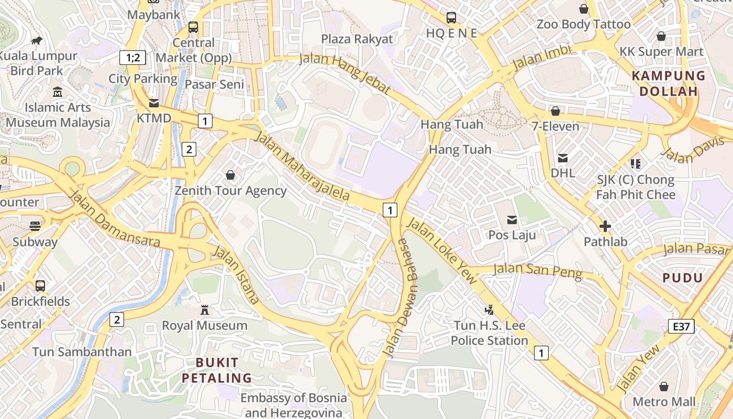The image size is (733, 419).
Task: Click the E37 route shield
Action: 681,326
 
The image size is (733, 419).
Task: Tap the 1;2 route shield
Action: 132,57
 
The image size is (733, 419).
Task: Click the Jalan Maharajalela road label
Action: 302,166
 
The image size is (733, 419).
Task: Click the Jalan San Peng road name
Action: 538,270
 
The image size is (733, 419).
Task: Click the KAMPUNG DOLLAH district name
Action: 669,83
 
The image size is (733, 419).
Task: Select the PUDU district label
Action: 682,278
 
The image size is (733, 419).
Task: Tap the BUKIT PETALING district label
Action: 217,370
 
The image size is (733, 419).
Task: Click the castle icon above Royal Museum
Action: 205,310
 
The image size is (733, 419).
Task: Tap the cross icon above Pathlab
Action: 605,227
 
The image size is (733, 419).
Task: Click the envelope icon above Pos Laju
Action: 512,220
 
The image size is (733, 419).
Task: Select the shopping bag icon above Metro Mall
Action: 664,387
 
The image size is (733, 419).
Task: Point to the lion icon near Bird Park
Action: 36,40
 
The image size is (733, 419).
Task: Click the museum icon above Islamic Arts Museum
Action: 58,92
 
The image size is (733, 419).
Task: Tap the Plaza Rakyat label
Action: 357,39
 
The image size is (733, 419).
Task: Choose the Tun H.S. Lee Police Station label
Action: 489,333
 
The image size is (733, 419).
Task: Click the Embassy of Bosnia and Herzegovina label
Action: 293,405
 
